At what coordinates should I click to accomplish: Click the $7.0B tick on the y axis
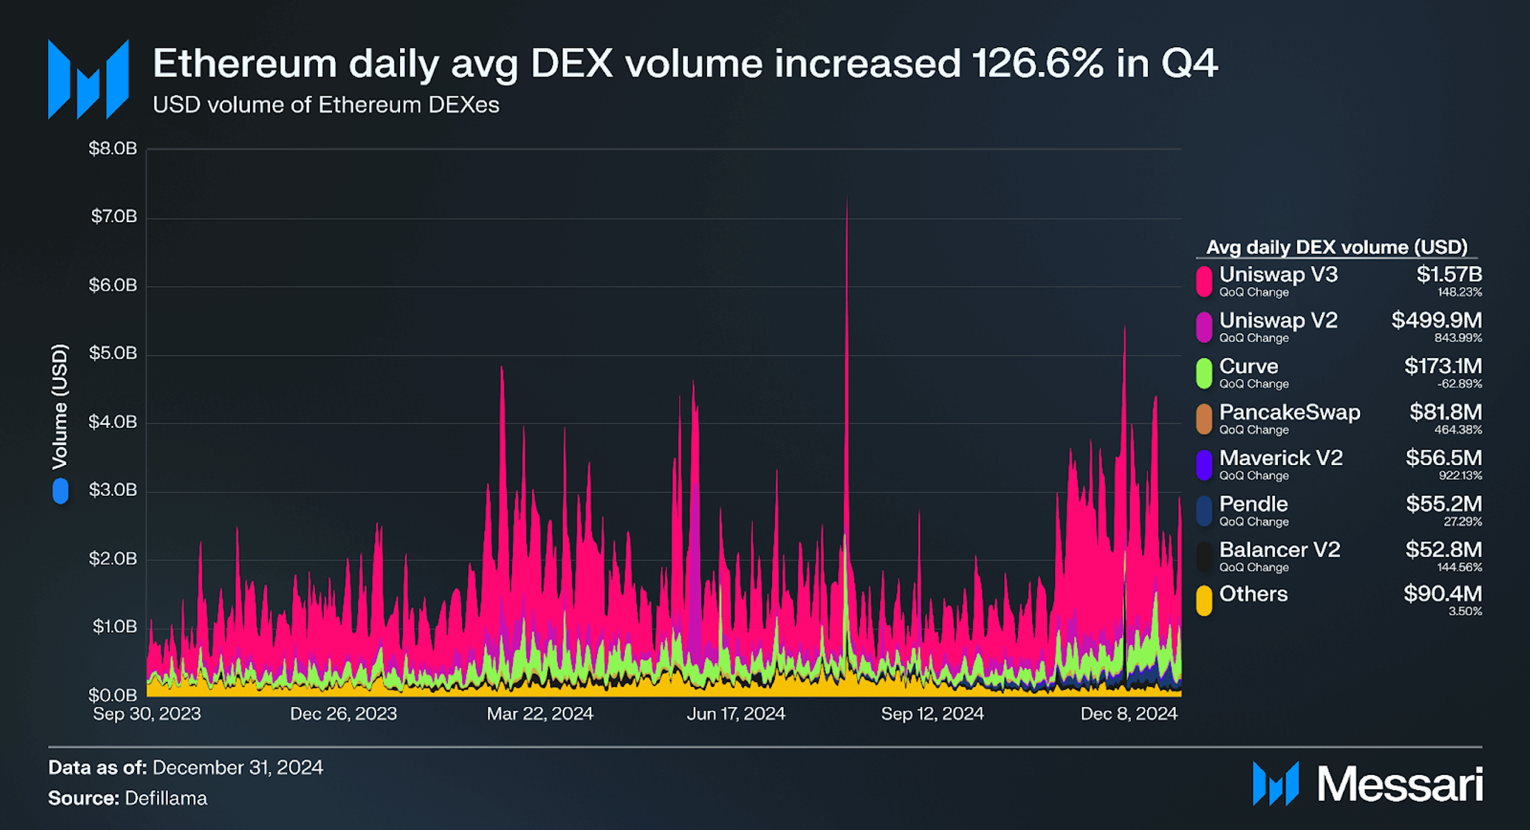pyautogui.click(x=114, y=216)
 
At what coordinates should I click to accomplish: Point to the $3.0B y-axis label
pyautogui.click(x=112, y=490)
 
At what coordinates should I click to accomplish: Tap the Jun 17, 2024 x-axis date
pyautogui.click(x=736, y=714)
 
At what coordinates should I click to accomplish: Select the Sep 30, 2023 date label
pyautogui.click(x=147, y=714)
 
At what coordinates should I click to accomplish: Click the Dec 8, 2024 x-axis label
pyautogui.click(x=1129, y=714)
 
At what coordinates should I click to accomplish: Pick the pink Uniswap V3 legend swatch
pyautogui.click(x=1204, y=281)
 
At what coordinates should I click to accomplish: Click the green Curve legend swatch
pyautogui.click(x=1204, y=374)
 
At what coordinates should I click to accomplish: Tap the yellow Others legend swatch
pyautogui.click(x=1204, y=601)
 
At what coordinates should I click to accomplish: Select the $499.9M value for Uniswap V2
pyautogui.click(x=1436, y=320)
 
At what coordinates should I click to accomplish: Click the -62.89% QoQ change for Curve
pyautogui.click(x=1459, y=384)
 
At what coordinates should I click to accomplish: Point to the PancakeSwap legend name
pyautogui.click(x=1289, y=412)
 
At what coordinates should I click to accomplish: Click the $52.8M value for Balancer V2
pyautogui.click(x=1443, y=549)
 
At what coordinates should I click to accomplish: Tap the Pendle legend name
pyautogui.click(x=1253, y=504)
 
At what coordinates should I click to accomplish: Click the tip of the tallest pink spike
pyautogui.click(x=847, y=197)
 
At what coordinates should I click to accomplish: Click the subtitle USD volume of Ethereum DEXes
pyautogui.click(x=326, y=105)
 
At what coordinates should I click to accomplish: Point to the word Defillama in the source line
pyautogui.click(x=166, y=798)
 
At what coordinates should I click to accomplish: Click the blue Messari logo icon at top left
pyautogui.click(x=89, y=80)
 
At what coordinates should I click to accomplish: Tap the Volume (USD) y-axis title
pyautogui.click(x=60, y=406)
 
